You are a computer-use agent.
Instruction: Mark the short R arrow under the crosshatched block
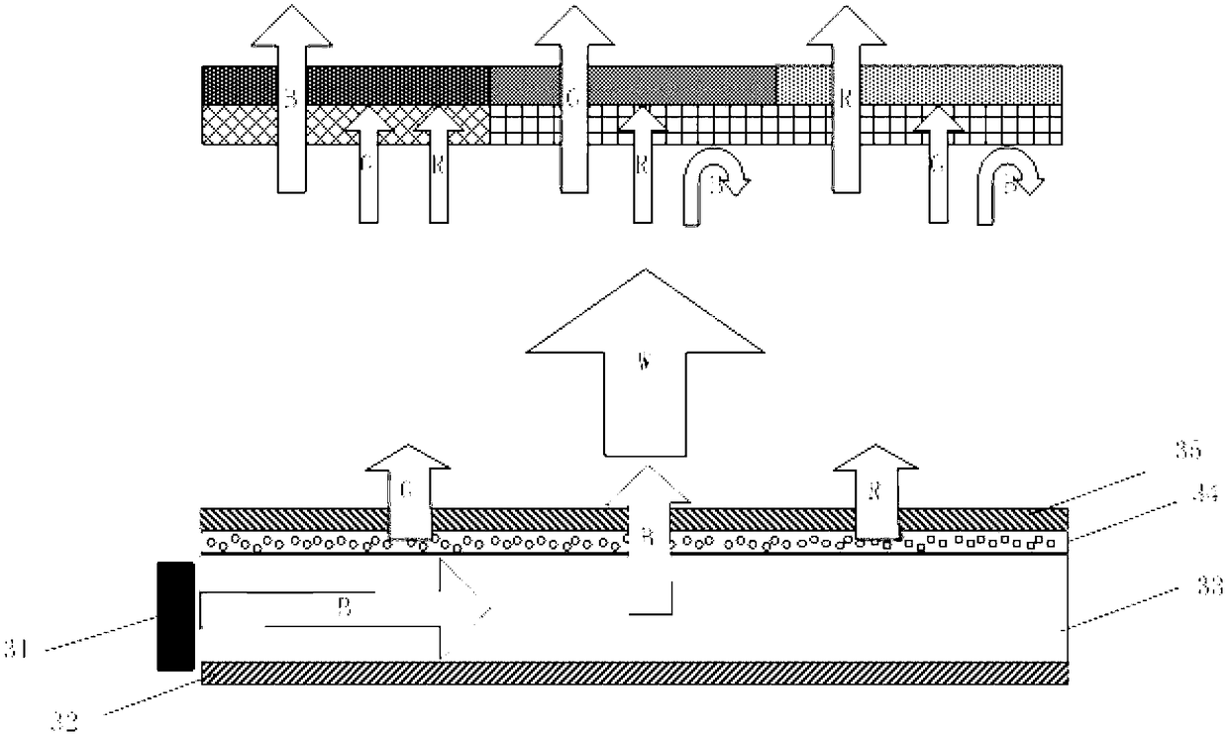[431, 168]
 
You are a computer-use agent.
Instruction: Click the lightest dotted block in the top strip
[961, 84]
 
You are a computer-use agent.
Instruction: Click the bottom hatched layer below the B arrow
[634, 675]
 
